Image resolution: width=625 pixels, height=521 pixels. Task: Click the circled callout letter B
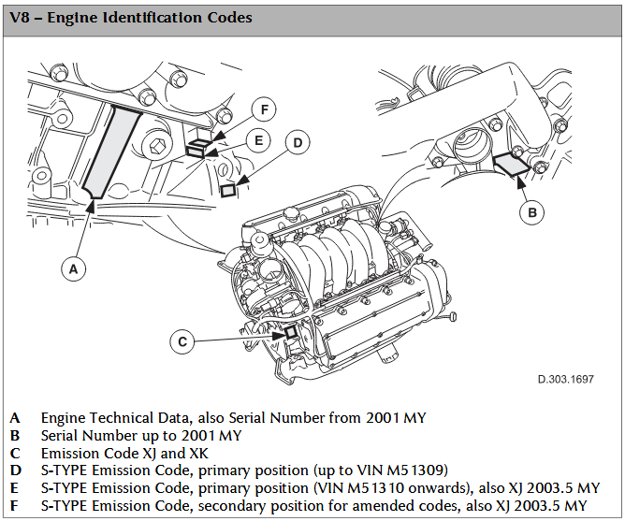[531, 212]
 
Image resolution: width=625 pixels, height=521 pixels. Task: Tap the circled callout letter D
[297, 142]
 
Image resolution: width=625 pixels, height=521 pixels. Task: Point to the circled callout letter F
[265, 109]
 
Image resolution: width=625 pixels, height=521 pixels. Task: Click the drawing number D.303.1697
[565, 380]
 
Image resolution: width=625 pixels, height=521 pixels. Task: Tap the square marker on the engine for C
[290, 331]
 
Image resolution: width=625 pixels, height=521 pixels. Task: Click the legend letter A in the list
[15, 418]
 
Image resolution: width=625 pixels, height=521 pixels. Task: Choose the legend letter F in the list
[15, 506]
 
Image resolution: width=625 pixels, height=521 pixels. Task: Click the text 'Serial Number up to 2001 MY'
[141, 436]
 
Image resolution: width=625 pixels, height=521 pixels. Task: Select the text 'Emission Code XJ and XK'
[125, 454]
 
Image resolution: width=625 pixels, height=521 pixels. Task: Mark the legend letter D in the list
[15, 470]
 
